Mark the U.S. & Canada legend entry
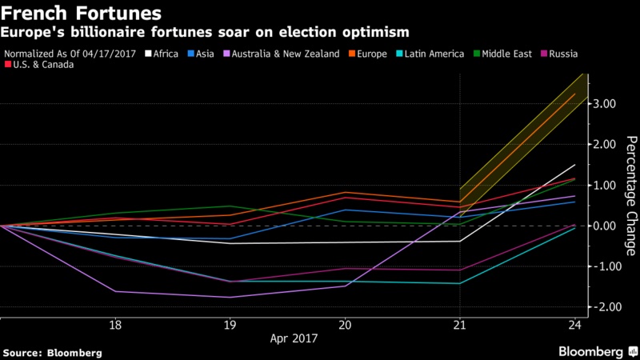pyautogui.click(x=42, y=65)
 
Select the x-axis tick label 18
pyautogui.click(x=115, y=325)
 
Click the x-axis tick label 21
pyautogui.click(x=460, y=325)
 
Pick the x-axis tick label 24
pyautogui.click(x=574, y=325)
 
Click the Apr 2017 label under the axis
pyautogui.click(x=294, y=338)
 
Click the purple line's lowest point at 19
pyautogui.click(x=230, y=298)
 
